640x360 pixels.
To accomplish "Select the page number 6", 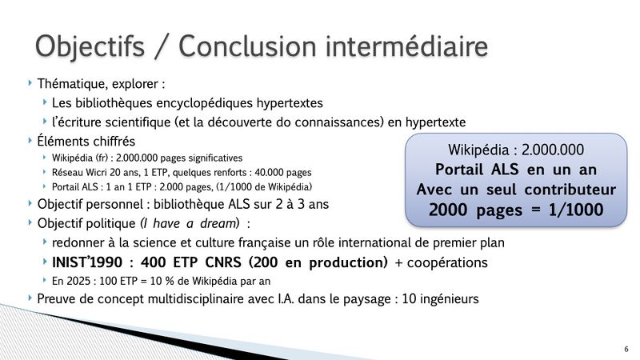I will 626,348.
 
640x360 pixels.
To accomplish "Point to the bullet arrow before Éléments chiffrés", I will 30,140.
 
